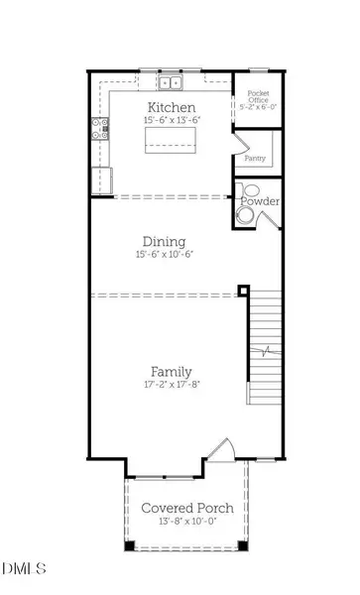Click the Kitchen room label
(x=171, y=107)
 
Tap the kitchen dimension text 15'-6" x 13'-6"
(x=171, y=121)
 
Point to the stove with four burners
(x=100, y=126)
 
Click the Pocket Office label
(x=258, y=95)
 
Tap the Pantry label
(x=254, y=158)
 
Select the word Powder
(x=260, y=201)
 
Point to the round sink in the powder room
(x=244, y=214)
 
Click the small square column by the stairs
(x=243, y=292)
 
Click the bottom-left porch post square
(x=129, y=546)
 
